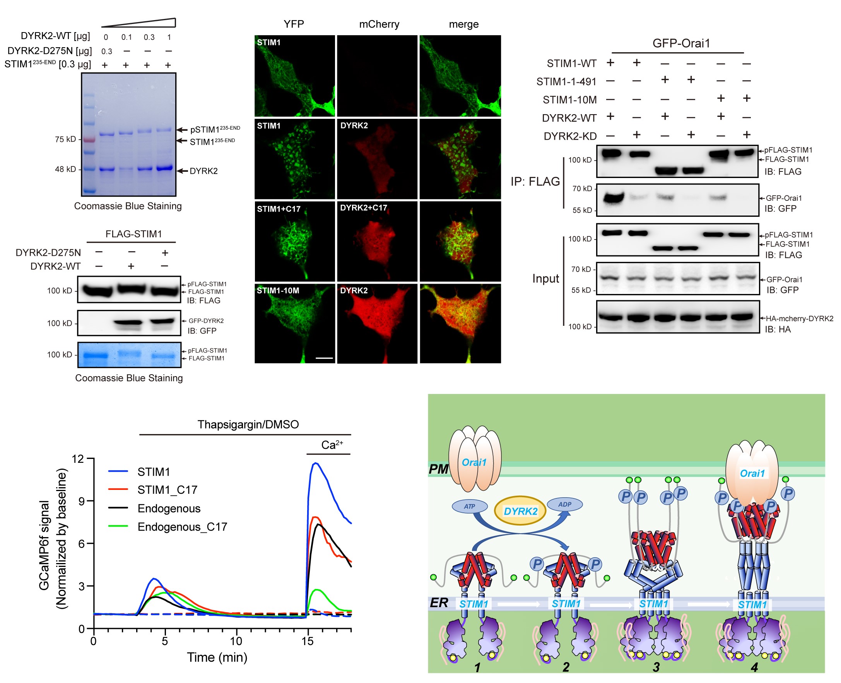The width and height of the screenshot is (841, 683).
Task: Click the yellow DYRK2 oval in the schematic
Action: click(x=520, y=511)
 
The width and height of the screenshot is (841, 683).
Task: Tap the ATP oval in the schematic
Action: click(x=469, y=506)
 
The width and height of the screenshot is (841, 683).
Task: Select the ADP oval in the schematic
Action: click(x=564, y=504)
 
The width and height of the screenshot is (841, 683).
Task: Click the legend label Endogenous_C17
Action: click(x=182, y=527)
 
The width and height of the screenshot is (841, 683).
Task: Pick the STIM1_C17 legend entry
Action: click(x=167, y=490)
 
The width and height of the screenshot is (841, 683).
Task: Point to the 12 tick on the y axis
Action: click(x=77, y=459)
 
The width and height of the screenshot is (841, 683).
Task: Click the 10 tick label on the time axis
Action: click(x=236, y=641)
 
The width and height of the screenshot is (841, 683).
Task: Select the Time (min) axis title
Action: click(x=217, y=657)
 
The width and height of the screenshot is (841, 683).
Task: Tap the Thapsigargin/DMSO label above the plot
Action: click(x=248, y=425)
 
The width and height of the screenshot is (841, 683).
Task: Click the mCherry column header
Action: click(x=379, y=24)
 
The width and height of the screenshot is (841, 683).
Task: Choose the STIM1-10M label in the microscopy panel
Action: click(x=278, y=291)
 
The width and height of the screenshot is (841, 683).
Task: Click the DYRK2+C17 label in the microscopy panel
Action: click(x=364, y=208)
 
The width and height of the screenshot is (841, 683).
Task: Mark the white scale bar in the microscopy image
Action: click(x=324, y=358)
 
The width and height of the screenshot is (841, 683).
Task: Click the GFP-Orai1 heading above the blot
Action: click(x=681, y=43)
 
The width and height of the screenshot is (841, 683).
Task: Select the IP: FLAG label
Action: click(x=535, y=181)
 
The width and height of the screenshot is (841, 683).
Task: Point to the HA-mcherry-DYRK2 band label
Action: click(x=799, y=318)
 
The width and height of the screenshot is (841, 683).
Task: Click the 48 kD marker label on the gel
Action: click(x=65, y=169)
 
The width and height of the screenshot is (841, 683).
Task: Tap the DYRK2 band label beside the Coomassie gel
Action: click(x=203, y=171)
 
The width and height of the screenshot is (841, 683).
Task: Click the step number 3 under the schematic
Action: click(x=656, y=667)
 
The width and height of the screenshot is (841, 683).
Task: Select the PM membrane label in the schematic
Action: click(x=438, y=469)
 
